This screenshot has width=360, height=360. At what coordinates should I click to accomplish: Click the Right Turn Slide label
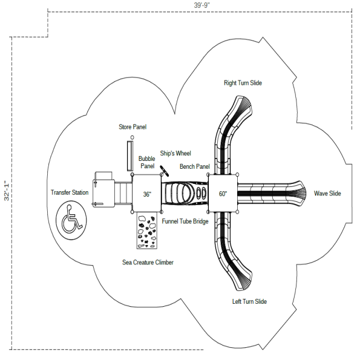(243, 83)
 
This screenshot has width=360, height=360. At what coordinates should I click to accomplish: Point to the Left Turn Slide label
(249, 301)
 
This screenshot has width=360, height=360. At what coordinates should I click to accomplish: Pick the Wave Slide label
(327, 194)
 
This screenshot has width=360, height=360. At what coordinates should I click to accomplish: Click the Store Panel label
(133, 127)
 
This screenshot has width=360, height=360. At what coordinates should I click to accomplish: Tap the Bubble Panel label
(147, 162)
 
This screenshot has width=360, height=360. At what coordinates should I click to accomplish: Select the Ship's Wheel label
(175, 154)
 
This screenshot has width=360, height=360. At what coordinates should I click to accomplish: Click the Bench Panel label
(194, 166)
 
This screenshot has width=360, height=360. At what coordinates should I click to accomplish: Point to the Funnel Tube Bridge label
(185, 222)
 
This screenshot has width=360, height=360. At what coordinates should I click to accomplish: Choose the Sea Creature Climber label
(148, 263)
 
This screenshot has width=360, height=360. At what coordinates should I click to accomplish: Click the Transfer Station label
(70, 193)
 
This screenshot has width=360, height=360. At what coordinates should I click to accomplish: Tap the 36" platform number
(147, 195)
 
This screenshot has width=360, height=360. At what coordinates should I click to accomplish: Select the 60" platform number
(223, 194)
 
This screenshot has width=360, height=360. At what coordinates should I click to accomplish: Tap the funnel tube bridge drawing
(185, 194)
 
